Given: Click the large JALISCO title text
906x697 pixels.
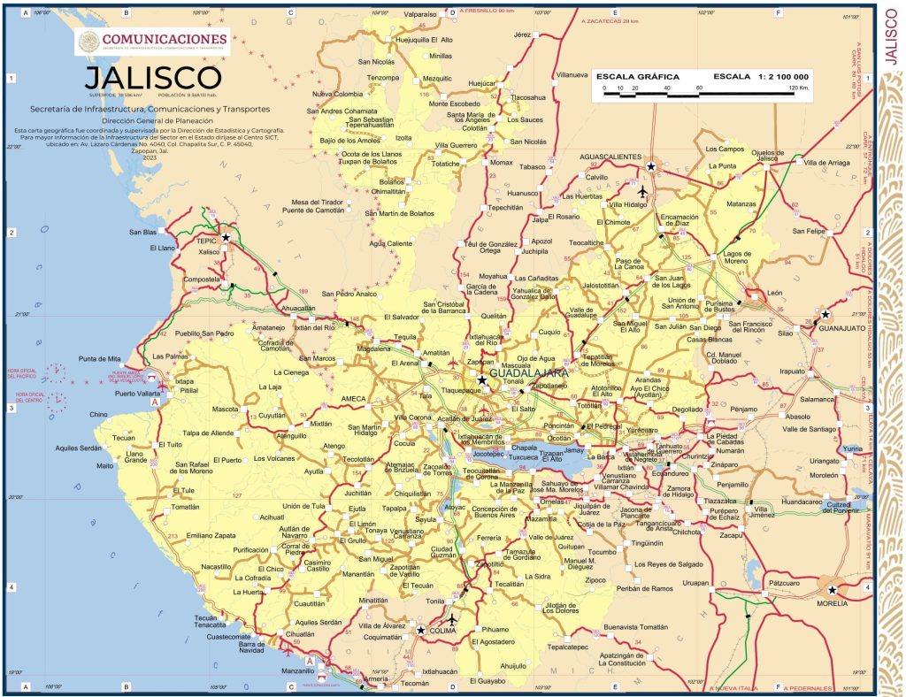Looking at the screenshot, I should [x=153, y=76].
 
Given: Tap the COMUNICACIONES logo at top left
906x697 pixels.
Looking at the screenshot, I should [x=153, y=41].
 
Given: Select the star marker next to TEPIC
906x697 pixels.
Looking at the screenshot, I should [x=226, y=238].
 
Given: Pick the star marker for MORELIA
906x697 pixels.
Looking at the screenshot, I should [x=832, y=589].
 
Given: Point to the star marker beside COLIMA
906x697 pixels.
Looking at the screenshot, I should [x=420, y=631].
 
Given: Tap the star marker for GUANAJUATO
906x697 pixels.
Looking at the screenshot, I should [x=825, y=314].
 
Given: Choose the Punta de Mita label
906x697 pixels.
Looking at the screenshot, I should [x=99, y=358].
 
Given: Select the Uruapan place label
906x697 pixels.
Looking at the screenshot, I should [x=695, y=584].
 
